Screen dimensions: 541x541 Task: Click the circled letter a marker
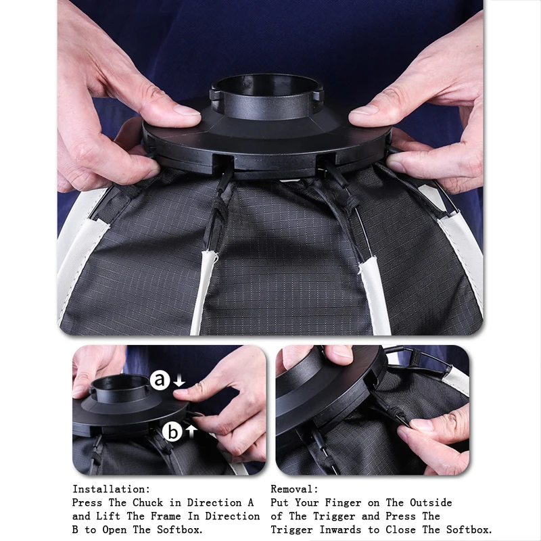[x=160, y=381]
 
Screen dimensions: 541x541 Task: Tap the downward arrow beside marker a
[x=179, y=382]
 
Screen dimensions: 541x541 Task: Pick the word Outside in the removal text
[x=428, y=502]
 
